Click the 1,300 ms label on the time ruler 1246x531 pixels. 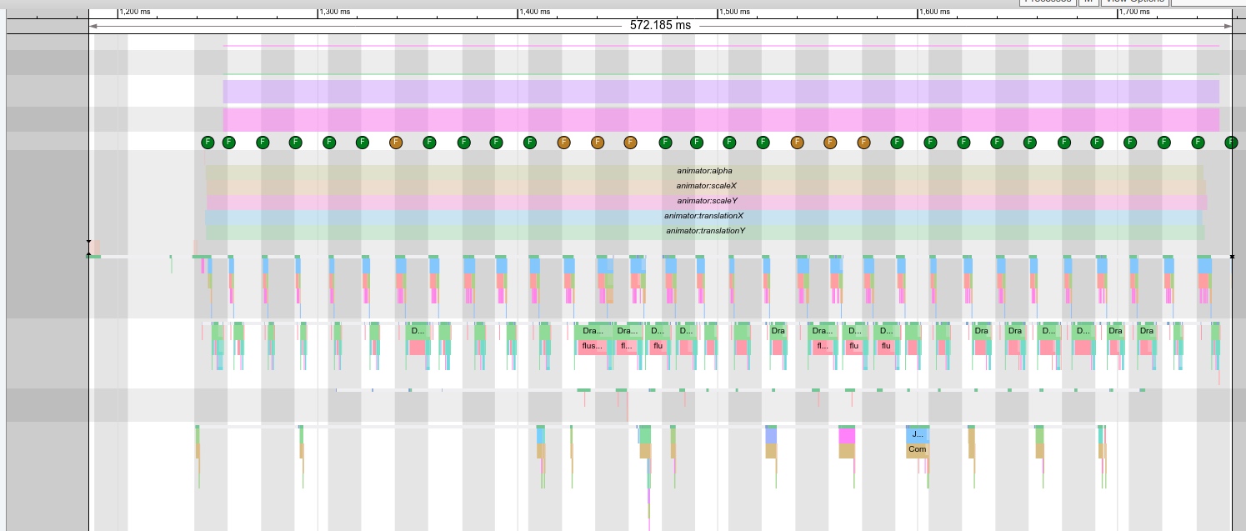click(x=335, y=13)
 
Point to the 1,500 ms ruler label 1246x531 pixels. click(x=735, y=13)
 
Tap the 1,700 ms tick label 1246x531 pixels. click(x=1134, y=13)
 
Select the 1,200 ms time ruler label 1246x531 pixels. click(x=135, y=13)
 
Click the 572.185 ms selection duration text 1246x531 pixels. click(x=660, y=25)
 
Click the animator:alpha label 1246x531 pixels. click(x=704, y=171)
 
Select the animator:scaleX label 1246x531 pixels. click(x=707, y=186)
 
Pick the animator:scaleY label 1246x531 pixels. click(x=707, y=201)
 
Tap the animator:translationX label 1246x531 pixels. click(x=703, y=216)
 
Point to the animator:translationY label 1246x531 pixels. click(x=705, y=231)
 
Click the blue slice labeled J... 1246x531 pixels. click(x=917, y=434)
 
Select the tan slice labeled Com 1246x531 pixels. click(x=917, y=449)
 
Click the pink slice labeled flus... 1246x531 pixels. click(x=592, y=346)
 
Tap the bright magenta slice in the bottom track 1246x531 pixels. click(x=847, y=436)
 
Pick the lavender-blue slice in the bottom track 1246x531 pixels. click(x=771, y=435)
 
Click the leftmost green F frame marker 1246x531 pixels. click(x=208, y=143)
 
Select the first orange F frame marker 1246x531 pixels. click(x=396, y=143)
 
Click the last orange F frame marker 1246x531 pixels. click(x=863, y=143)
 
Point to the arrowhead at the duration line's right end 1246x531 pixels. click(x=1228, y=26)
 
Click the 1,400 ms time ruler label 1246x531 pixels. click(x=535, y=13)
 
